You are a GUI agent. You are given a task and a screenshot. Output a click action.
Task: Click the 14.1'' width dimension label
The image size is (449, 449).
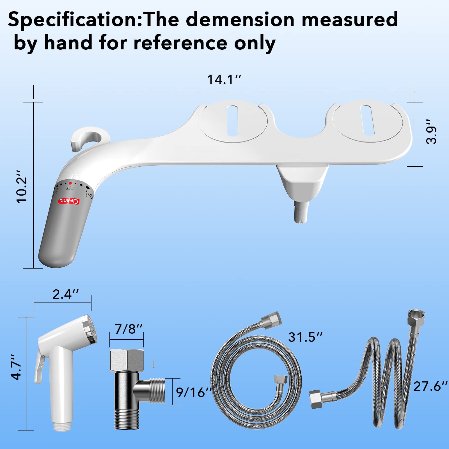tap(224, 79)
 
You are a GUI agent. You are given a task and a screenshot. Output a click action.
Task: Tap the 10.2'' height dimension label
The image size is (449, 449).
tap(22, 186)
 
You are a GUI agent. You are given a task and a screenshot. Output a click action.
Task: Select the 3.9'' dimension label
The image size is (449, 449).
tap(431, 132)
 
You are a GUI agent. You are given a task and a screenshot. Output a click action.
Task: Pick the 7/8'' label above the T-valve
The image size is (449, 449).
tap(129, 329)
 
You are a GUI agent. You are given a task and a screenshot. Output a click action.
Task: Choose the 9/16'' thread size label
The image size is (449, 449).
tap(194, 392)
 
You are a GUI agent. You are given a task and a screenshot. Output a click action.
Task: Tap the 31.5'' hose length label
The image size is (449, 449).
tap(305, 337)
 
